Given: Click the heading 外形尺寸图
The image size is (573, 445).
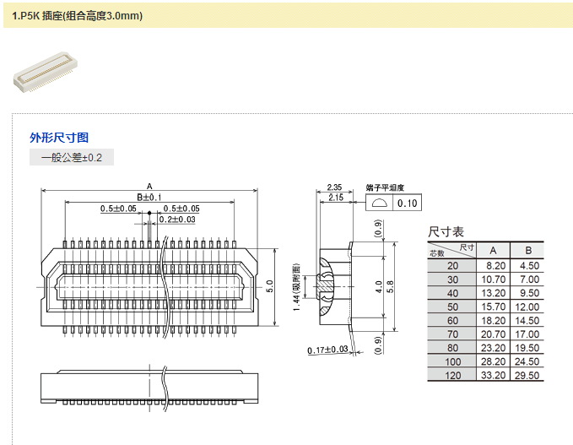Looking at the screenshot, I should (58, 138).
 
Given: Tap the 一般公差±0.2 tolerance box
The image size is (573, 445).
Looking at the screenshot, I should (71, 158).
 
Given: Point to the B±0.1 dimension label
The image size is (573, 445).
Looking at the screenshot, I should (149, 196).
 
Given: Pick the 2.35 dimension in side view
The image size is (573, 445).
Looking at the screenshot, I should (334, 187).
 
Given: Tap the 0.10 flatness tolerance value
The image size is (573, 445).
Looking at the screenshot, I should (408, 204).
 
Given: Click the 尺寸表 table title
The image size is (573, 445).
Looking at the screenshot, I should (446, 231).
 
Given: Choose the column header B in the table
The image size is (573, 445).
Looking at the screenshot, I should (528, 250).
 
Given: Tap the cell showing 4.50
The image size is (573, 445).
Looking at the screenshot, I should (528, 265).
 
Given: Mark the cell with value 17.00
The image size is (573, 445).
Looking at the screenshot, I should (528, 334).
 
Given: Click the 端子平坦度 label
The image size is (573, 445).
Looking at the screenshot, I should (385, 187).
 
